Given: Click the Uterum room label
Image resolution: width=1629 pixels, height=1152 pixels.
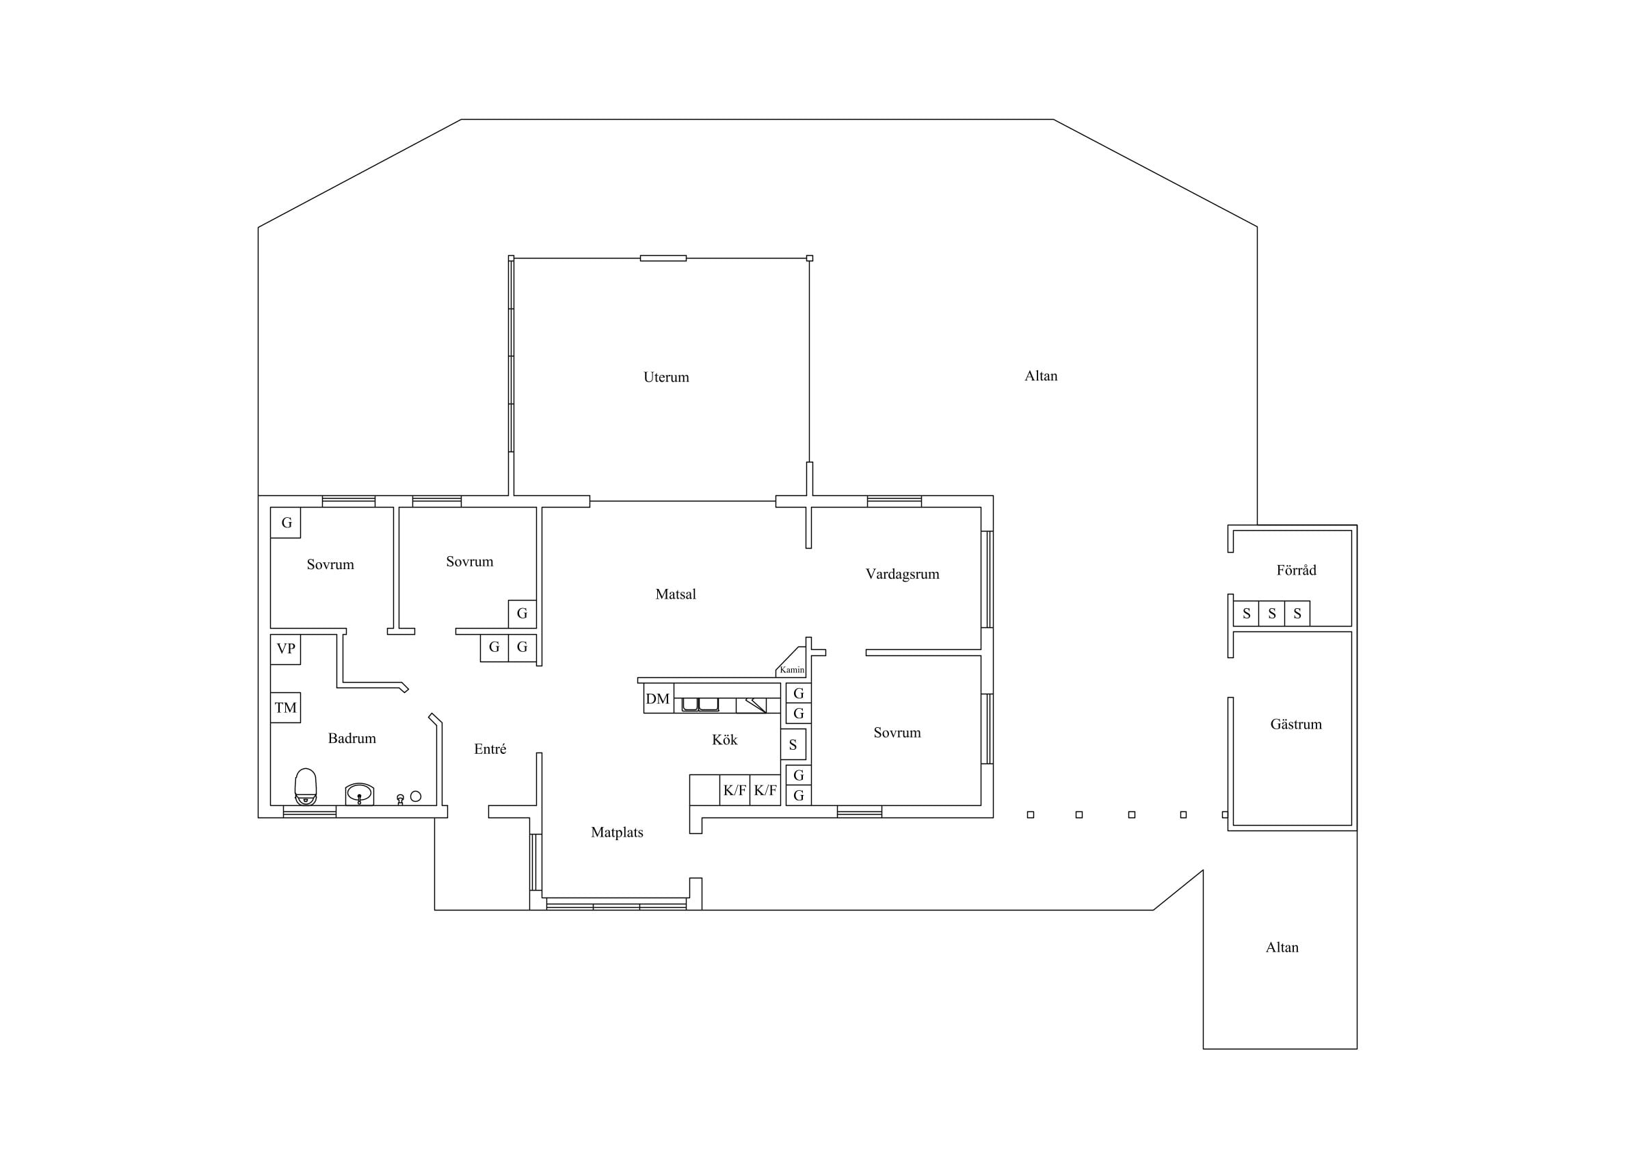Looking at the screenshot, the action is coord(665,378).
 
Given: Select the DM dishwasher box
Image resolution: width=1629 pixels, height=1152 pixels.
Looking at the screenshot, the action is coord(659,698).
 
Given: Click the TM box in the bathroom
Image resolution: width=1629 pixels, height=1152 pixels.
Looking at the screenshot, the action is coord(285,707).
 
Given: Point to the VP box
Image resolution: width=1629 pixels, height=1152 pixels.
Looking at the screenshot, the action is coord(285,649).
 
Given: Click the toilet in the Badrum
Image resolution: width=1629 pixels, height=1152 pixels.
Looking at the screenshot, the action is coord(306,787).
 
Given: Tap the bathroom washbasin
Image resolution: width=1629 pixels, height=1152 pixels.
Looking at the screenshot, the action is coord(360,794).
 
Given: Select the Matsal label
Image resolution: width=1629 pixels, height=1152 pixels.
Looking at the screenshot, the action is coord(676,594).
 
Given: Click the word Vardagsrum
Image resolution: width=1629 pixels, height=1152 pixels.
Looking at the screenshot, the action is coord(902,575).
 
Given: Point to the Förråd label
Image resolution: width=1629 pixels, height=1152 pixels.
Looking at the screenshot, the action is coord(1296,570).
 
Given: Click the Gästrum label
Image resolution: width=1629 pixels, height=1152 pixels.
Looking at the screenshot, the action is coord(1295,724).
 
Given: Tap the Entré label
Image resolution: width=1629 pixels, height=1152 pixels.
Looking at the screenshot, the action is coord(490,749).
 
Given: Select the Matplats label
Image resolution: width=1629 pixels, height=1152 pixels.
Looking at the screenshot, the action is coord(617,833).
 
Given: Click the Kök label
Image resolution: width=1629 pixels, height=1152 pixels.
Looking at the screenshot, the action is coord(724,740).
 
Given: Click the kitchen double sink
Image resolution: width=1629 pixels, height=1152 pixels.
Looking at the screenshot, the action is coord(700,705).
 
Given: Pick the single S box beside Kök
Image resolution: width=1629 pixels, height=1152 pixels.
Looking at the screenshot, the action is coord(793,744).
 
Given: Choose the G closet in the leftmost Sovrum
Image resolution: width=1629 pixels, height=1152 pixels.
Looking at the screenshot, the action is coord(286,523).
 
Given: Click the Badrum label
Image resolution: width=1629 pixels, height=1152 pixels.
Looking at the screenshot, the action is coord(352,739).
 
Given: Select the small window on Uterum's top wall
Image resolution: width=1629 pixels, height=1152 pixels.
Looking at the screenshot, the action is coord(663,259).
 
